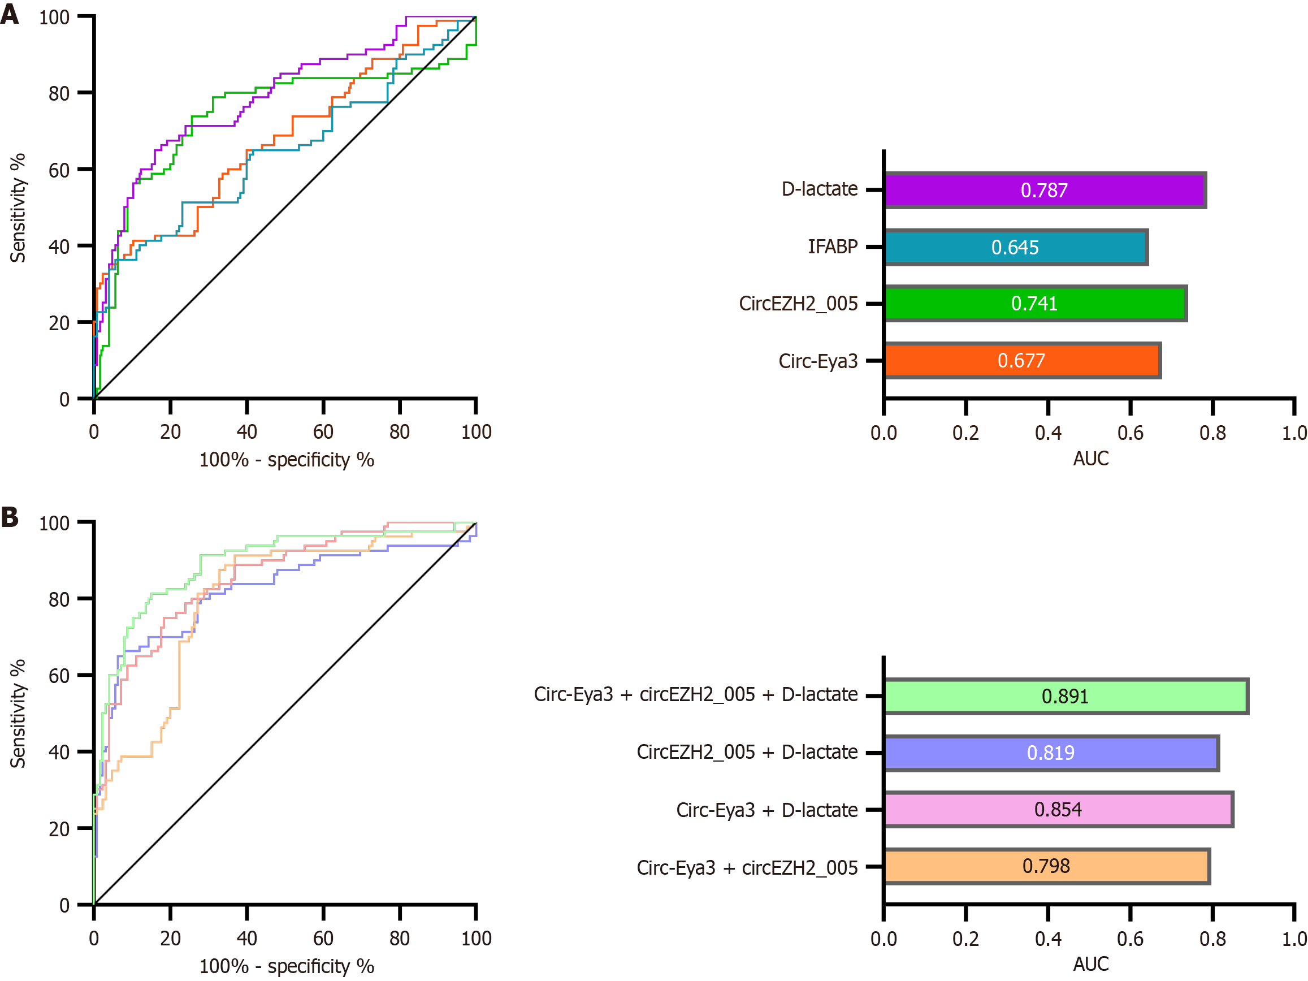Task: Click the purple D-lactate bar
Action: pos(1044,191)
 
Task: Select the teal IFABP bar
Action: pos(1015,247)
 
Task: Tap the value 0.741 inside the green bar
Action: pos(1034,304)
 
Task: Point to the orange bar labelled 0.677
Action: pos(1022,360)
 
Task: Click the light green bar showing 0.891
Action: pos(1066,697)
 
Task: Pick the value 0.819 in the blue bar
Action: pos(1051,753)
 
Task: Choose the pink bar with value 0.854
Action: pos(1058,810)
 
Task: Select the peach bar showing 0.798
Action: pos(1046,866)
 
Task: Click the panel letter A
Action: pos(10,13)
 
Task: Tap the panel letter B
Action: pos(10,517)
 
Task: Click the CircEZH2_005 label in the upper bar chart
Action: pos(798,304)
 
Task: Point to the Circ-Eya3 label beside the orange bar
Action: pos(818,361)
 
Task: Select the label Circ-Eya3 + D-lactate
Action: pos(767,810)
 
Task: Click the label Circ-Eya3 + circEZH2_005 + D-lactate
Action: pos(695,695)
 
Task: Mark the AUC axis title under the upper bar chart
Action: pos(1090,459)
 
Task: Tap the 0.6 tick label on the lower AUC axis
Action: pos(1130,939)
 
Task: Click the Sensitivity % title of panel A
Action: pos(18,208)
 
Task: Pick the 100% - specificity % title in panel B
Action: pos(287,966)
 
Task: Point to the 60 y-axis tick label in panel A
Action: pos(59,170)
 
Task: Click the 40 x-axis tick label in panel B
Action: pos(246,939)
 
